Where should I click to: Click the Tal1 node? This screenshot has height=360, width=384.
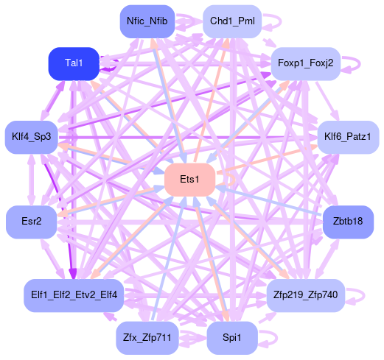click(x=74, y=64)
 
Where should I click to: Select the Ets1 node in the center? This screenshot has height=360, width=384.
click(x=189, y=180)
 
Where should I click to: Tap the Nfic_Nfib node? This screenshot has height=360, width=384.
click(x=147, y=21)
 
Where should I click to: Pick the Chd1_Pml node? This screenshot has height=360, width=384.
click(x=232, y=21)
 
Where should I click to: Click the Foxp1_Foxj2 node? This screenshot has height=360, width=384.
click(x=306, y=64)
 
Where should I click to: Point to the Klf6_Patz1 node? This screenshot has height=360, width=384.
click(x=348, y=137)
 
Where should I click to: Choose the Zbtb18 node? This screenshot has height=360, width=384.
click(x=348, y=222)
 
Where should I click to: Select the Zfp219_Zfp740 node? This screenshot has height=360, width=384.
click(x=306, y=295)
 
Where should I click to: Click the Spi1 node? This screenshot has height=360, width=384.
click(x=232, y=338)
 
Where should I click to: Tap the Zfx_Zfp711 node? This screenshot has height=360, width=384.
click(x=147, y=338)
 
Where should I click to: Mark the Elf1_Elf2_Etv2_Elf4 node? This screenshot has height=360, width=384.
click(x=74, y=295)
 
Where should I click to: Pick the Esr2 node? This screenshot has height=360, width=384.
click(x=32, y=222)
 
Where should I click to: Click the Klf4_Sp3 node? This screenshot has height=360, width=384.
click(x=32, y=137)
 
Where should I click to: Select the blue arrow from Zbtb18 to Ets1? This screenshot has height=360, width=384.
click(x=269, y=201)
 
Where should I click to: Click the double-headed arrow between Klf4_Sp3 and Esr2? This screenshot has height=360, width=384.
click(x=31, y=180)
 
